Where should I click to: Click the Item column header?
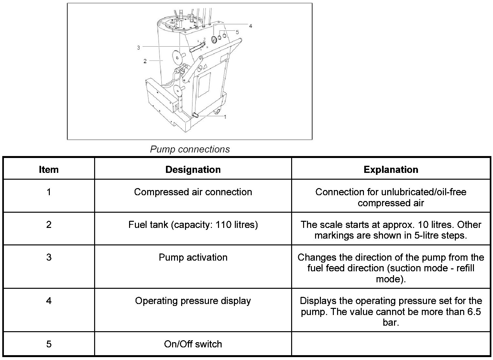(x=49, y=169)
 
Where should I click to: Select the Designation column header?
(x=193, y=169)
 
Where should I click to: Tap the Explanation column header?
(x=391, y=169)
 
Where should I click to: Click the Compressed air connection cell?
(x=193, y=192)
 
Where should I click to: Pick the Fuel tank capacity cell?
(x=193, y=225)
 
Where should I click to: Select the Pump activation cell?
(x=193, y=257)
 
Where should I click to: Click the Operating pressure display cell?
(x=193, y=301)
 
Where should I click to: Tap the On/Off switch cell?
(x=193, y=344)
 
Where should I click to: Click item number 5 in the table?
(x=49, y=344)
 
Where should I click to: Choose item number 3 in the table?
(x=49, y=257)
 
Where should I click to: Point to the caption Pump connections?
(x=190, y=149)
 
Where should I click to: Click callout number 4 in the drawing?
(x=250, y=26)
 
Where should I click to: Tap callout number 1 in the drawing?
(x=225, y=117)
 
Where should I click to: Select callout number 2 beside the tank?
(x=145, y=61)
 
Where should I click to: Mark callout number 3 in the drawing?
(x=138, y=48)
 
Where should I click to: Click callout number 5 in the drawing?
(x=237, y=32)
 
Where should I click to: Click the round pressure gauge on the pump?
(x=214, y=39)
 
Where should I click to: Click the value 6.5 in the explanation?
(x=474, y=312)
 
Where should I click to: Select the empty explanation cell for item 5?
(x=391, y=344)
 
